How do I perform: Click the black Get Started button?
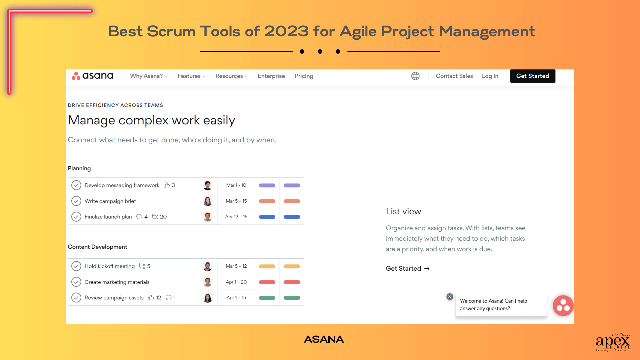pos(532,76)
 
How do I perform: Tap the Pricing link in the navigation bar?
pos(304,76)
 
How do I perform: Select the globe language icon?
pos(415,76)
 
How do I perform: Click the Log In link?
pos(490,76)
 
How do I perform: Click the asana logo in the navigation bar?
pos(92,76)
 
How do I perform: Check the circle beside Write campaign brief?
pos(76,201)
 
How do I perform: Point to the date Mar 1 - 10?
pos(236,185)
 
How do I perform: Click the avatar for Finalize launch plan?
pos(207,217)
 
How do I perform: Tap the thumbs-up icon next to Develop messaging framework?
pos(167,185)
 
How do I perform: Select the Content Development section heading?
pos(97,247)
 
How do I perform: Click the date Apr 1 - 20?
pos(236,282)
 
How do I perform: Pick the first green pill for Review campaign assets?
pos(267,298)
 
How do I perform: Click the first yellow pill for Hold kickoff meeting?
pos(267,266)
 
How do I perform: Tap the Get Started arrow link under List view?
pos(407,268)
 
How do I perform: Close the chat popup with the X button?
pos(450,297)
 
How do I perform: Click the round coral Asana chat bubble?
pos(563,306)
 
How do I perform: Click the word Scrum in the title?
pos(171,32)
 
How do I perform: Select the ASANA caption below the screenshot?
pos(323,339)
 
